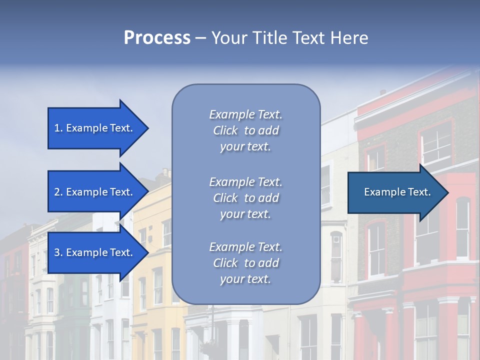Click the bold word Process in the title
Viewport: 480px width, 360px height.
[x=157, y=38]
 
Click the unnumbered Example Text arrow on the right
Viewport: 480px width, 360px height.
[x=397, y=192]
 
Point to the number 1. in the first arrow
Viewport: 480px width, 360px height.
[x=58, y=128]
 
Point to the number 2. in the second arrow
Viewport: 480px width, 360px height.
[x=58, y=192]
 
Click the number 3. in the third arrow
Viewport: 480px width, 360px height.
[x=58, y=252]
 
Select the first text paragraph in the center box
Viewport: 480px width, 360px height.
[x=245, y=130]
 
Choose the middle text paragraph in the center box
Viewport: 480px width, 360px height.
[x=245, y=198]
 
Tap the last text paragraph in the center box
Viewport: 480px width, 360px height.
[x=245, y=263]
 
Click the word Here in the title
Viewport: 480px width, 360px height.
[x=349, y=38]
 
